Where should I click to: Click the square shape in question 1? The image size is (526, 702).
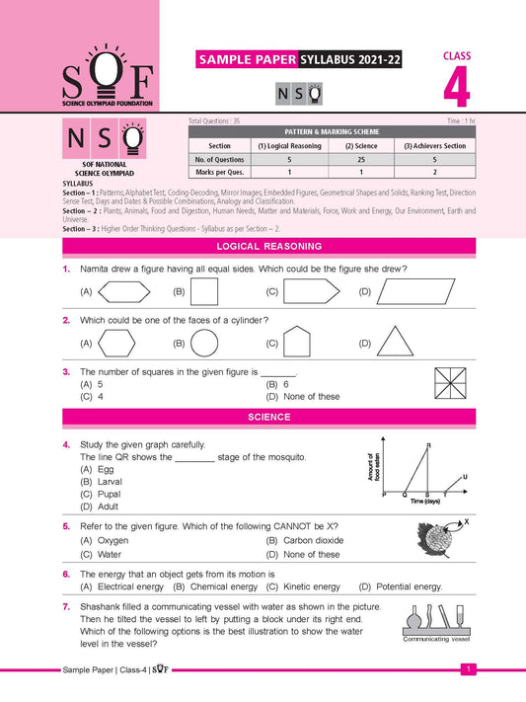(203, 291)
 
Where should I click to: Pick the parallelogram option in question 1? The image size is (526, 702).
(409, 291)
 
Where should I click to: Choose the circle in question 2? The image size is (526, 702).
(204, 343)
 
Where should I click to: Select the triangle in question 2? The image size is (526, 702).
(396, 343)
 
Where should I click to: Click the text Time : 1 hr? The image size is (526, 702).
(454, 118)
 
